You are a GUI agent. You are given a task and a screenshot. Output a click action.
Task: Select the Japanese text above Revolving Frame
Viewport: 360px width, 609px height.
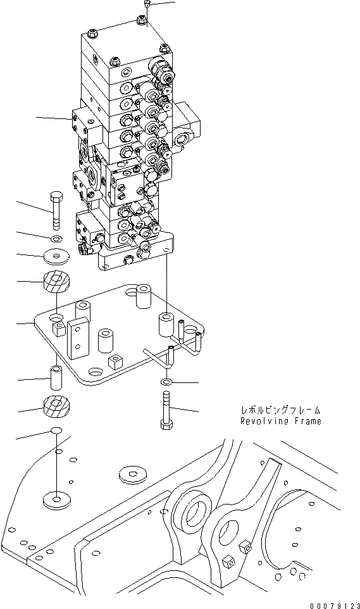280,410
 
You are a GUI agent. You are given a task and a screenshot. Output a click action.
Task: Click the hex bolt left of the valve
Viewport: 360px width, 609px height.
56,210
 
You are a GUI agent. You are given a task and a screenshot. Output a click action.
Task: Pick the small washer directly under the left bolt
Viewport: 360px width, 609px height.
56,239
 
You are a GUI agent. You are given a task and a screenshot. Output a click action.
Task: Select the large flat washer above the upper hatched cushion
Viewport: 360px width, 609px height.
56,257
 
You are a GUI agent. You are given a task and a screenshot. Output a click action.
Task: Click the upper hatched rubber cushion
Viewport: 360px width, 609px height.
56,282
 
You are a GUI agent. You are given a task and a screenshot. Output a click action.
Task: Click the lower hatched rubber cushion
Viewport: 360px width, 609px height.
56,406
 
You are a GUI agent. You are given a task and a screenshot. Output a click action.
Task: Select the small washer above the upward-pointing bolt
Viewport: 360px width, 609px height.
166,382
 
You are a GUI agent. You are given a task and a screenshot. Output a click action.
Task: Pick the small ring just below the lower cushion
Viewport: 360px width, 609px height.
56,431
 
